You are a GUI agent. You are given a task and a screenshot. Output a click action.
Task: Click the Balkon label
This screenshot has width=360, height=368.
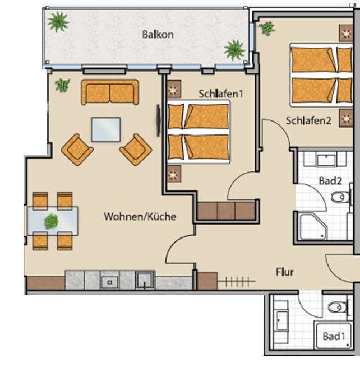pos(158,35)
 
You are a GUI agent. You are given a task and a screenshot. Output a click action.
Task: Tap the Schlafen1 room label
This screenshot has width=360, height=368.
pos(220,94)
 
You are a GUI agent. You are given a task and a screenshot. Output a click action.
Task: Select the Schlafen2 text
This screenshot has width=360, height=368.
pos(308,120)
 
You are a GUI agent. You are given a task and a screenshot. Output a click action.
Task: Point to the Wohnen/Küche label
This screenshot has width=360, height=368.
pos(140,216)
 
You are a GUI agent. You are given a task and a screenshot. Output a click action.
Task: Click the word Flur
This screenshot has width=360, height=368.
pos(285,272)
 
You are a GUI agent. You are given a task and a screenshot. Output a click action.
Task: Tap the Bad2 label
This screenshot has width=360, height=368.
pos(330,181)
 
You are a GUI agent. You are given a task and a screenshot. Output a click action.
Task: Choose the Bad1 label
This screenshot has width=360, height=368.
pos(334,336)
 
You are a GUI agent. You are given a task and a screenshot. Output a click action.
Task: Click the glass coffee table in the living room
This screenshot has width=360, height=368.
pos(106,129)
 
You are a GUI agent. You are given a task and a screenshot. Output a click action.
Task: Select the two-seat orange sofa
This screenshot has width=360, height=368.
pos(110,92)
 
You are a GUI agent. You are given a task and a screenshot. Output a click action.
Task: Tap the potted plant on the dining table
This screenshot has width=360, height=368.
pos(52,221)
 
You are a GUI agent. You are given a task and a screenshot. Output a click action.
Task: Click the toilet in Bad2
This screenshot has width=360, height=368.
pos(341,197)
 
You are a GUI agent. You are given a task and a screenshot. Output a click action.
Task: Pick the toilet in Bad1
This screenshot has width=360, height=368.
pos(338,307)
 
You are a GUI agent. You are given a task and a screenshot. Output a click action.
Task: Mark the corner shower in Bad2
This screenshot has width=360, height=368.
pos(313,226)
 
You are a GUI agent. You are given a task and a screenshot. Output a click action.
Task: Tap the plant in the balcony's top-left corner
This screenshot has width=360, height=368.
pos(58,22)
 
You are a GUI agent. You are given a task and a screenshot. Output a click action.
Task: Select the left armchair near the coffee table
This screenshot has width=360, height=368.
pos(77,150)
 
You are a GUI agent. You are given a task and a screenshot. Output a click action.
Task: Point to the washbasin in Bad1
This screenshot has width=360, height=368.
pos(282,321)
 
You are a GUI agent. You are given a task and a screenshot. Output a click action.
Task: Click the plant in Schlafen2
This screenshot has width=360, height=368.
pos(267,29)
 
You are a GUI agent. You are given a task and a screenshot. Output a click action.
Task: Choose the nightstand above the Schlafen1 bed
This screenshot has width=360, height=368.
pos(174,88)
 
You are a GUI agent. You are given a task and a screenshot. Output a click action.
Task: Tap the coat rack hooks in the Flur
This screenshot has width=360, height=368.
pos(237,281)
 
